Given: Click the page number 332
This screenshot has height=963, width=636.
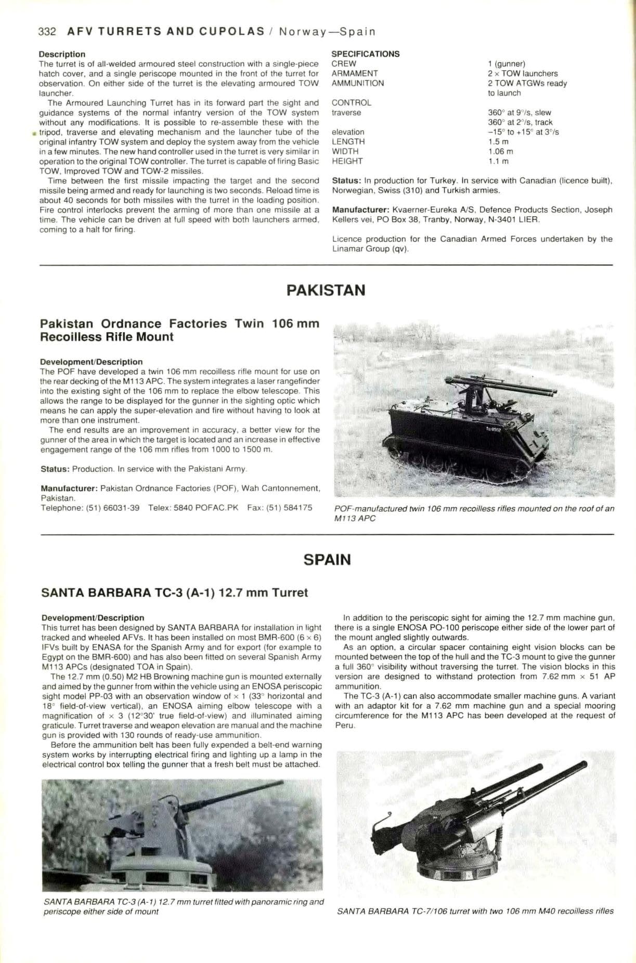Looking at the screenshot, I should (47, 31).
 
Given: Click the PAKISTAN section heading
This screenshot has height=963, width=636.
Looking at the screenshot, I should (326, 290).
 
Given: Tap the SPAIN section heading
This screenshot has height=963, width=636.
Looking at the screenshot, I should (327, 560).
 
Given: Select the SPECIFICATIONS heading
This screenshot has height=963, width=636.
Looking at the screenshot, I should (366, 54).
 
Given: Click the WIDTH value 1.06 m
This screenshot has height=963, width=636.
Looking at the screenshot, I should (500, 151).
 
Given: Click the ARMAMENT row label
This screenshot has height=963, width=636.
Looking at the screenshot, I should (355, 73).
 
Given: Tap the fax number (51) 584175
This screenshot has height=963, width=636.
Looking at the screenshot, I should (289, 508).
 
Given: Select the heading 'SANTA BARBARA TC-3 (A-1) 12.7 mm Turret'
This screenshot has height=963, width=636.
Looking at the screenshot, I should (174, 592).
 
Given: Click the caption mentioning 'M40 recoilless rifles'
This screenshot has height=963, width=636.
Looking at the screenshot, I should (475, 911).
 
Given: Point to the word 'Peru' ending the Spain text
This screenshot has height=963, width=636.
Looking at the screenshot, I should (344, 725).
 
